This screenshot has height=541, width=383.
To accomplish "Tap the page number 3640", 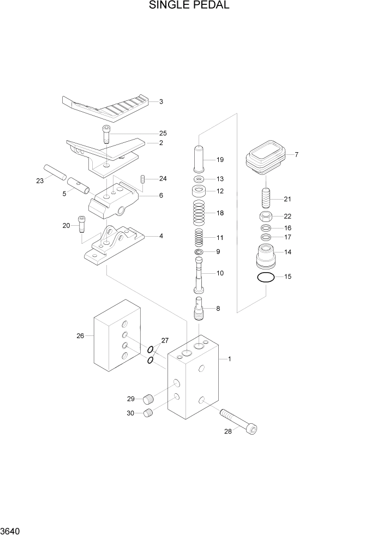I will point(12,531).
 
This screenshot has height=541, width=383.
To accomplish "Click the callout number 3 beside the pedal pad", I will point(161,101).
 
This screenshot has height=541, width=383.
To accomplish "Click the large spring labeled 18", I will point(199,213).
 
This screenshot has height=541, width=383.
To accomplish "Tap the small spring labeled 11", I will point(199,237).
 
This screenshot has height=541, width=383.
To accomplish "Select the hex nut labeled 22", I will point(266,217).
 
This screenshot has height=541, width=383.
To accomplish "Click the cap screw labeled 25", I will point(106,134).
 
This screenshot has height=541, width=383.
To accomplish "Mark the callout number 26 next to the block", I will point(80,336).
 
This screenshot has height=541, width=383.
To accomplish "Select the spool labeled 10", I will point(199,275).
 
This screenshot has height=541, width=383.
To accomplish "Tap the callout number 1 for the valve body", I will point(230,359).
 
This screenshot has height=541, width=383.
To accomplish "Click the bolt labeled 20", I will point(82,223).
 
